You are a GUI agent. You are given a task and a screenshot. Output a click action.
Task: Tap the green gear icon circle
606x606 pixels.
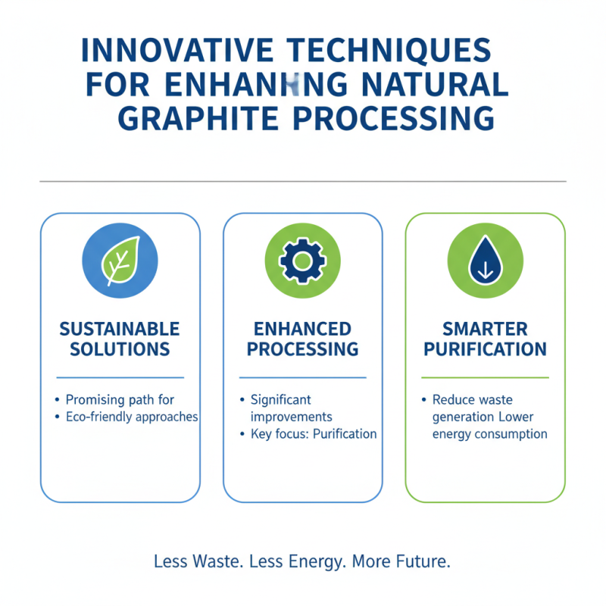pos(302,261)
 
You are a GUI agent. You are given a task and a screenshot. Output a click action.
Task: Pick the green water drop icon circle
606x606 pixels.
pos(485,261)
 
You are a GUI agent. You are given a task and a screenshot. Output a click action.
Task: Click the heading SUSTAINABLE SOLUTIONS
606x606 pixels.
pos(120,339)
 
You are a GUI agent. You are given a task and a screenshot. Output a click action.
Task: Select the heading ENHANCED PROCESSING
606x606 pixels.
pos(302,339)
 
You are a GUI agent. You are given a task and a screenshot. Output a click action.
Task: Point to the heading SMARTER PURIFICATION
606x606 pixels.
pos(485,339)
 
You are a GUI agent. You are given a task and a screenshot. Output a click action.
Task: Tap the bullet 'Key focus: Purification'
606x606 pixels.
pos(313,434)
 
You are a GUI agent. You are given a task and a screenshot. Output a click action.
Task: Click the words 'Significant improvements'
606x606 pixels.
pos(291,408)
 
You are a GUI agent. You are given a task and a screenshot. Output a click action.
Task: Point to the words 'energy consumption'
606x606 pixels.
pos(489,434)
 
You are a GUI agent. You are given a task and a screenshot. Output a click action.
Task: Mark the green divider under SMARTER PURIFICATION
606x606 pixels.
pos(485,376)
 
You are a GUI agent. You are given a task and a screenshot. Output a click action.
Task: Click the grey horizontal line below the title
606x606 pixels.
pos(302,181)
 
